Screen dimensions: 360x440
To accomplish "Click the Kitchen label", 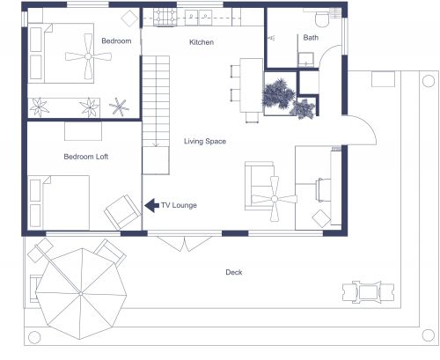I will [202, 42].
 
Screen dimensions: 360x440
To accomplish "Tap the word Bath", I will [312, 38].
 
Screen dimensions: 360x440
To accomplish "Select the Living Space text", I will [204, 141].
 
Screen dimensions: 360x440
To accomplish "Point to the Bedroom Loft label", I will [85, 157].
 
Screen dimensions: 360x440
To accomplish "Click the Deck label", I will [233, 272].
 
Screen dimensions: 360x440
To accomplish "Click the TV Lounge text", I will [179, 206].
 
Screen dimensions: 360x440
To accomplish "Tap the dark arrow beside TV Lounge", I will [150, 205].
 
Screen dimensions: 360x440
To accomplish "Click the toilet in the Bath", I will [322, 18].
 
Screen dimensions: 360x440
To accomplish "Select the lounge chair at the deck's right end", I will [363, 290].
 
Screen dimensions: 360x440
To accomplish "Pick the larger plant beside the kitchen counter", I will [279, 92].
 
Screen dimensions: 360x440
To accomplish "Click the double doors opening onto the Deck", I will [183, 238].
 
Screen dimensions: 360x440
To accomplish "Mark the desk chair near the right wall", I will [320, 190].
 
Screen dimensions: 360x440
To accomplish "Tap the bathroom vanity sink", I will [305, 60].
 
